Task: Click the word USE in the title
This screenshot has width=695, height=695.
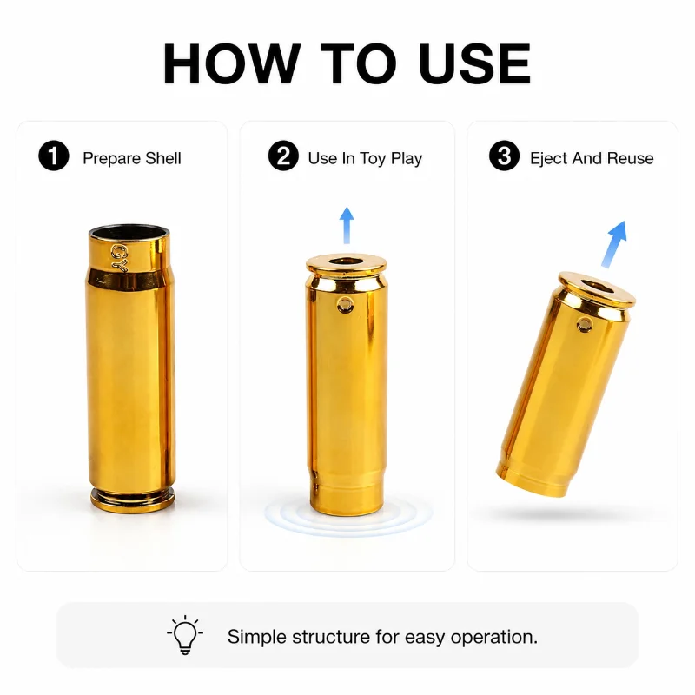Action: pos(474,63)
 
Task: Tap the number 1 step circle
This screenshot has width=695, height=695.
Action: pos(54,156)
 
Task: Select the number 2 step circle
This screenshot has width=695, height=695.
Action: pos(283,156)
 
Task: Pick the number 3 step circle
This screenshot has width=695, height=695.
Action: pos(504,156)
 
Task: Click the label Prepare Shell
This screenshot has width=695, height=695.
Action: pos(132,158)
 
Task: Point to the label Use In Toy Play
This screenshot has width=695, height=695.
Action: pos(365,158)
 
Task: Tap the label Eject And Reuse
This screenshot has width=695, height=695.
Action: pos(592,158)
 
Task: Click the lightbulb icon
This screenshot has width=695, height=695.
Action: pos(185,634)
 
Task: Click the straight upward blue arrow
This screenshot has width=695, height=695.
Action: pos(347,225)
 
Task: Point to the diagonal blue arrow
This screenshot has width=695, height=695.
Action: pos(614,244)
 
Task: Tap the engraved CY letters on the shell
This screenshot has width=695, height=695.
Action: pos(119,257)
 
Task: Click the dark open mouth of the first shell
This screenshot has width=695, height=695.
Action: pos(129,232)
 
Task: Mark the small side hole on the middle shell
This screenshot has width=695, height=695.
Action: pos(345,305)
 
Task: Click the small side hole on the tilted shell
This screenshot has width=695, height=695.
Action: pos(585,324)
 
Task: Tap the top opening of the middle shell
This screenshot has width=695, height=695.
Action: pos(345,261)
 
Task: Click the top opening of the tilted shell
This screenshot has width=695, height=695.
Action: pos(597,288)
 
